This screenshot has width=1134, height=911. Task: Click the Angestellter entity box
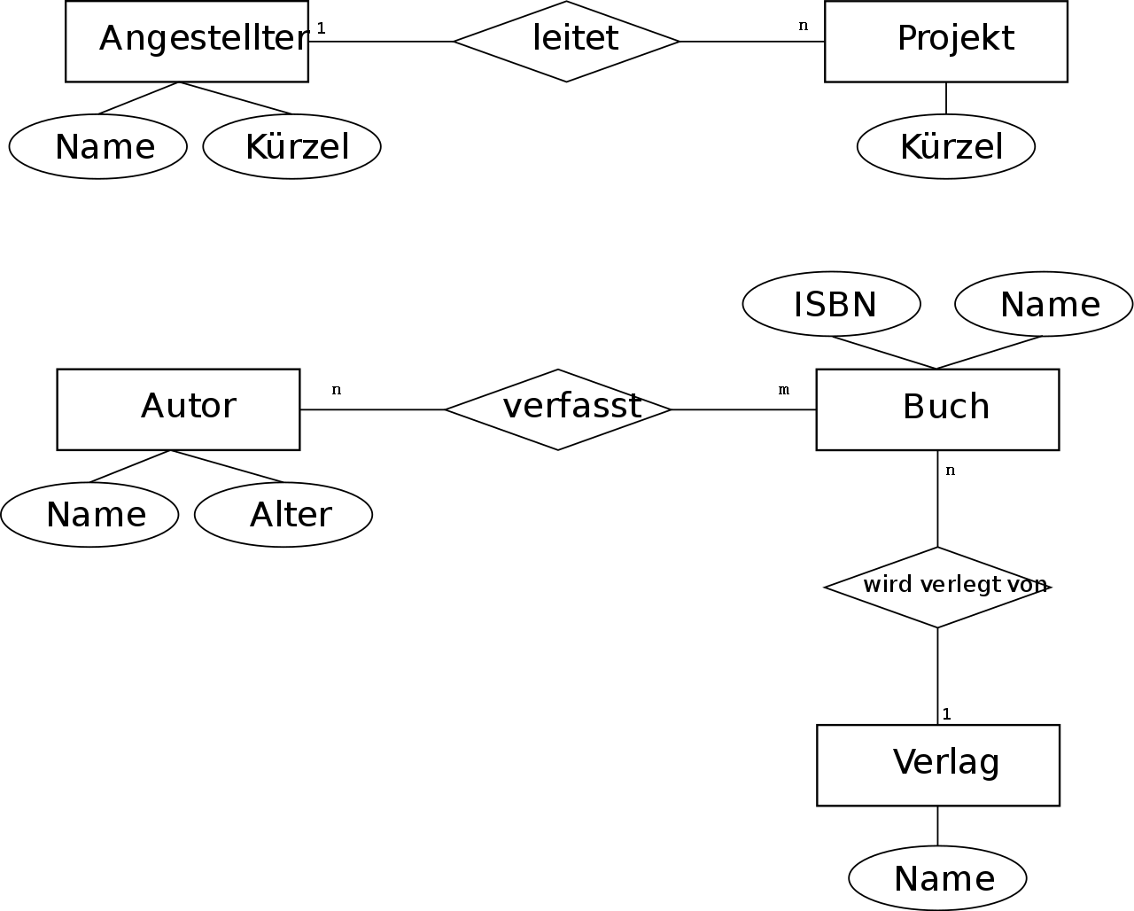tap(187, 41)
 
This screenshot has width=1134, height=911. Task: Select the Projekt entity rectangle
tap(946, 41)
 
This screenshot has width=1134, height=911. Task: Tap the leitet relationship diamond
tap(566, 41)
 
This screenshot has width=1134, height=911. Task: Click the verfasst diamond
tap(558, 409)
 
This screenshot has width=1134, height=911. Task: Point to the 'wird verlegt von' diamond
tap(937, 588)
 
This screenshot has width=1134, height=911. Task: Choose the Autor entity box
tap(179, 409)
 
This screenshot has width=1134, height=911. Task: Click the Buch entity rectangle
tap(937, 409)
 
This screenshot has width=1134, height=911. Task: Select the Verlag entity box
tap(938, 766)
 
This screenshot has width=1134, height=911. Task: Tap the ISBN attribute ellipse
tap(832, 304)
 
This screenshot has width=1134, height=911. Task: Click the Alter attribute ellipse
tap(283, 515)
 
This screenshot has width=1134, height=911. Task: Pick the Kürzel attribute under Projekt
tap(946, 146)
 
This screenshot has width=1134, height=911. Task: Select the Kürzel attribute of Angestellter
tap(292, 146)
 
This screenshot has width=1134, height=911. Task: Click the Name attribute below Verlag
tap(937, 878)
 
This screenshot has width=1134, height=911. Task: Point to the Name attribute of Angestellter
tap(98, 146)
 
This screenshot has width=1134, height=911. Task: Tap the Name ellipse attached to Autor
tap(89, 515)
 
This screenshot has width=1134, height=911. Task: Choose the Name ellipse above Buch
tap(1044, 304)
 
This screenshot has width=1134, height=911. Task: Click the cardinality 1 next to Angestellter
tap(321, 28)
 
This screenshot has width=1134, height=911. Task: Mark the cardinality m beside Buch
tap(784, 390)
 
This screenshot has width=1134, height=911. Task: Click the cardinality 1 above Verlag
tap(946, 714)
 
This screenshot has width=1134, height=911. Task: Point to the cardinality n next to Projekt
tap(803, 26)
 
